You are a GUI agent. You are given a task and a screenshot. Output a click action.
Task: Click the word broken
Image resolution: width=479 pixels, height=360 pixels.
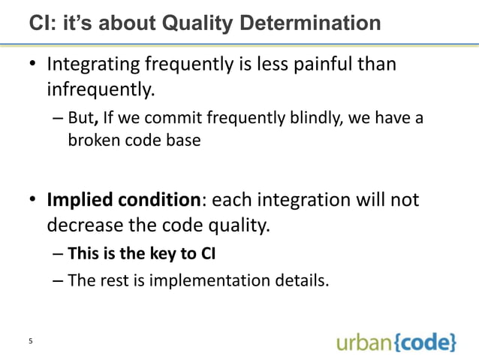click(x=92, y=141)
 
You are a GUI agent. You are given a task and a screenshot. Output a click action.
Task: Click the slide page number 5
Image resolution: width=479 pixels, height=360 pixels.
click(x=30, y=343)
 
